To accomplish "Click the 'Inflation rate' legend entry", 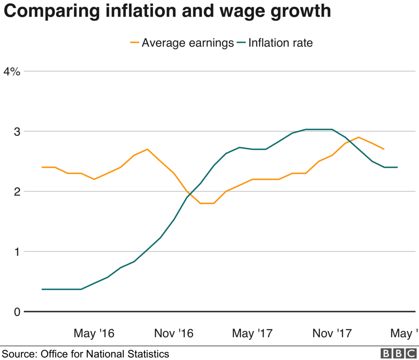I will (280, 43).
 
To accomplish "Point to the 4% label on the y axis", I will (12, 72).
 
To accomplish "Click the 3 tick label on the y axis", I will (17, 131).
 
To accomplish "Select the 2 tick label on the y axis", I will (17, 192).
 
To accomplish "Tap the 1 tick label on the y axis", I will (17, 252).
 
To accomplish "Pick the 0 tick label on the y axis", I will (17, 312).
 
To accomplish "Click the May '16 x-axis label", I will (94, 333).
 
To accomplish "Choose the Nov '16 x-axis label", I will (174, 333).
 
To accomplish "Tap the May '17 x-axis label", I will (252, 333).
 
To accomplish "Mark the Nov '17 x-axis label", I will (332, 333).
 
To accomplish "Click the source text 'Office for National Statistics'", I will (105, 354).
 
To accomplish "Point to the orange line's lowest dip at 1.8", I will (207, 203).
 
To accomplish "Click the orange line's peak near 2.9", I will (358, 137).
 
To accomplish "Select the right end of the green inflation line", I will (397, 167).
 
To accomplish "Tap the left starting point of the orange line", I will (42, 167).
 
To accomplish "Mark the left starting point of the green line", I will (42, 289).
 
